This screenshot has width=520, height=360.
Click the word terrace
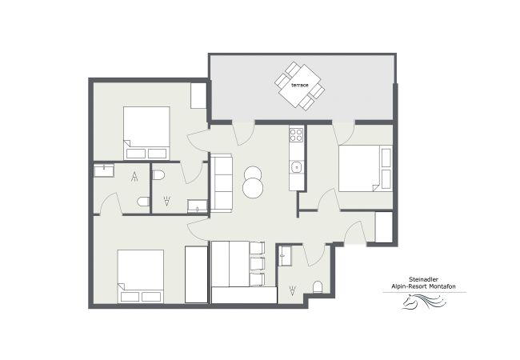pos(300,84)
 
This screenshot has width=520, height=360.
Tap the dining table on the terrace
pos(301,85)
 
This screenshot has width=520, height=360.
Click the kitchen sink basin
pos(296,167)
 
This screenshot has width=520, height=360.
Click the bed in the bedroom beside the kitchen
pos(365,168)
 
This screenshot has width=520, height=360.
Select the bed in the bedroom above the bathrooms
pos(146,132)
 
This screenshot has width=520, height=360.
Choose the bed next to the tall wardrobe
pos(141,276)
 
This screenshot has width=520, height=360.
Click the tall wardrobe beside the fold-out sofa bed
pos(197,274)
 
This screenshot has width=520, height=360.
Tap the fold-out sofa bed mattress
pos(232,264)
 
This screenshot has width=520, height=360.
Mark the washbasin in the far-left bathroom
pos(103,170)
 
